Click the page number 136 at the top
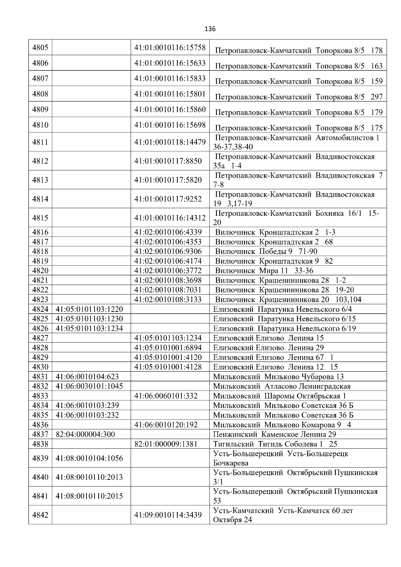210,29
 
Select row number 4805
40,48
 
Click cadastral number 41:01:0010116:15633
170,63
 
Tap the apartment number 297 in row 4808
377,97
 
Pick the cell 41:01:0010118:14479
170,142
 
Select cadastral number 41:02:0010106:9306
168,252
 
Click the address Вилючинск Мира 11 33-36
264,271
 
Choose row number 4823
40,300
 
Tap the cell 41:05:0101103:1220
89,309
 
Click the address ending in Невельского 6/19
284,329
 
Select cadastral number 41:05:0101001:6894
168,348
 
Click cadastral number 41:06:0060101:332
166,396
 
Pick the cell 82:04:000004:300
85,435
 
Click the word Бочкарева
231,463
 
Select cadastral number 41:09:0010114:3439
168,515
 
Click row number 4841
40,496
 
